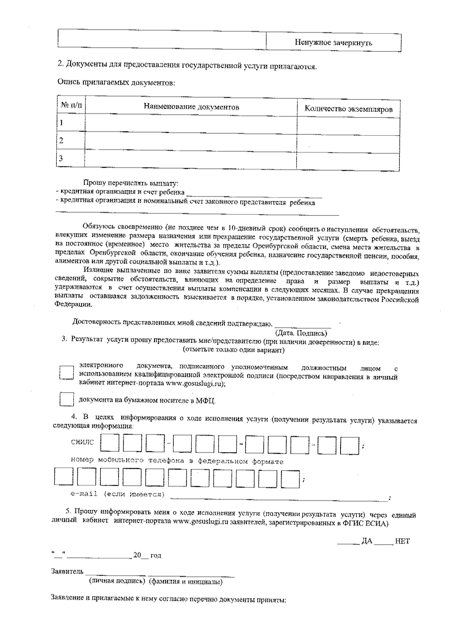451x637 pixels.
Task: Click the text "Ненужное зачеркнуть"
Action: pos(333,42)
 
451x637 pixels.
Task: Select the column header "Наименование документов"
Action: pos(191,107)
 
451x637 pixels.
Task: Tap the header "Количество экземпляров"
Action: pos(348,109)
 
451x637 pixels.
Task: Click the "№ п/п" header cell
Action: pos(71,105)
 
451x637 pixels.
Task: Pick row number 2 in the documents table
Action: pos(61,141)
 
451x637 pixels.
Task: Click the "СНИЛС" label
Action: pos(82,442)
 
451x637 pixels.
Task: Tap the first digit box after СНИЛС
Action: pos(109,443)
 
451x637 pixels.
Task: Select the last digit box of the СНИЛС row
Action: pos(352,445)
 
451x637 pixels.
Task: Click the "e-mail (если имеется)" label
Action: pos(117,494)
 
